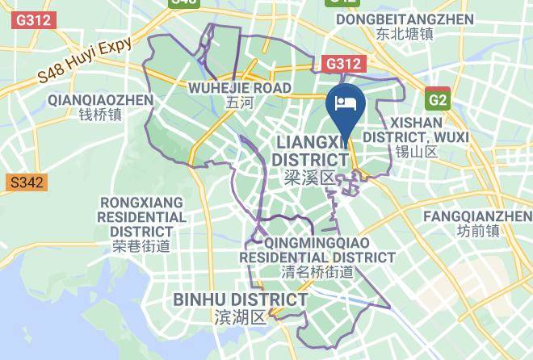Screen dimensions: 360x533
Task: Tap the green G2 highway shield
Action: (x=438, y=99)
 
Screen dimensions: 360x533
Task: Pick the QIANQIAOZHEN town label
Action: (x=100, y=100)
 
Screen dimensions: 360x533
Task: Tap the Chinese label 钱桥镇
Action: (x=100, y=115)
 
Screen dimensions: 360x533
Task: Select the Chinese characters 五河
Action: (x=240, y=103)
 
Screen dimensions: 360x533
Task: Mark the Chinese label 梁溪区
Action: (x=309, y=177)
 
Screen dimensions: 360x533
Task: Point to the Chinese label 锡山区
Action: (x=416, y=152)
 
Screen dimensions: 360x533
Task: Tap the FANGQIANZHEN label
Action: (x=477, y=216)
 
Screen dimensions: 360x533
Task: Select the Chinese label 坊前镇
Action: (x=477, y=231)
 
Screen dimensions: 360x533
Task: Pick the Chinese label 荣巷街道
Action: (x=141, y=246)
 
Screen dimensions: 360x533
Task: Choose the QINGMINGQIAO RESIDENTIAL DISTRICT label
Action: (x=317, y=249)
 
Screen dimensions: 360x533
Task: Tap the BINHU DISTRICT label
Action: (x=241, y=300)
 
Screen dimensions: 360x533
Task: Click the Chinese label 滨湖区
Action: (x=241, y=317)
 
